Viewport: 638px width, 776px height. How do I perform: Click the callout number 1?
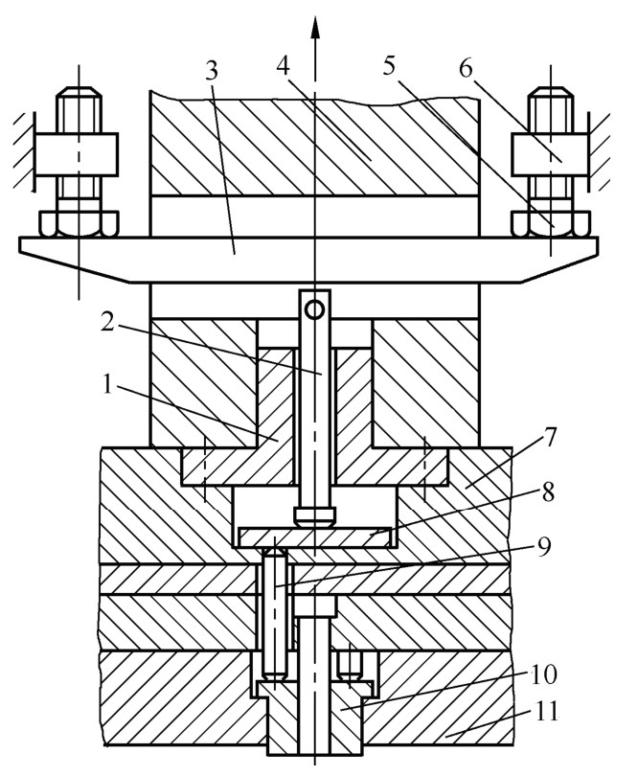click(x=107, y=383)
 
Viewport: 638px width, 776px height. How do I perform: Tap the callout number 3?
click(x=212, y=71)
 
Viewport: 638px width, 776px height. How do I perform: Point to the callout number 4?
click(x=283, y=65)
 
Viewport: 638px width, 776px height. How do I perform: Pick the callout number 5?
click(x=390, y=65)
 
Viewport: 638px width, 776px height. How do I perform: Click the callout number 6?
click(x=466, y=67)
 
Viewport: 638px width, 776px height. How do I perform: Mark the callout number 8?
click(x=548, y=491)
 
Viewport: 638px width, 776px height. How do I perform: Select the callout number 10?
click(x=543, y=673)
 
